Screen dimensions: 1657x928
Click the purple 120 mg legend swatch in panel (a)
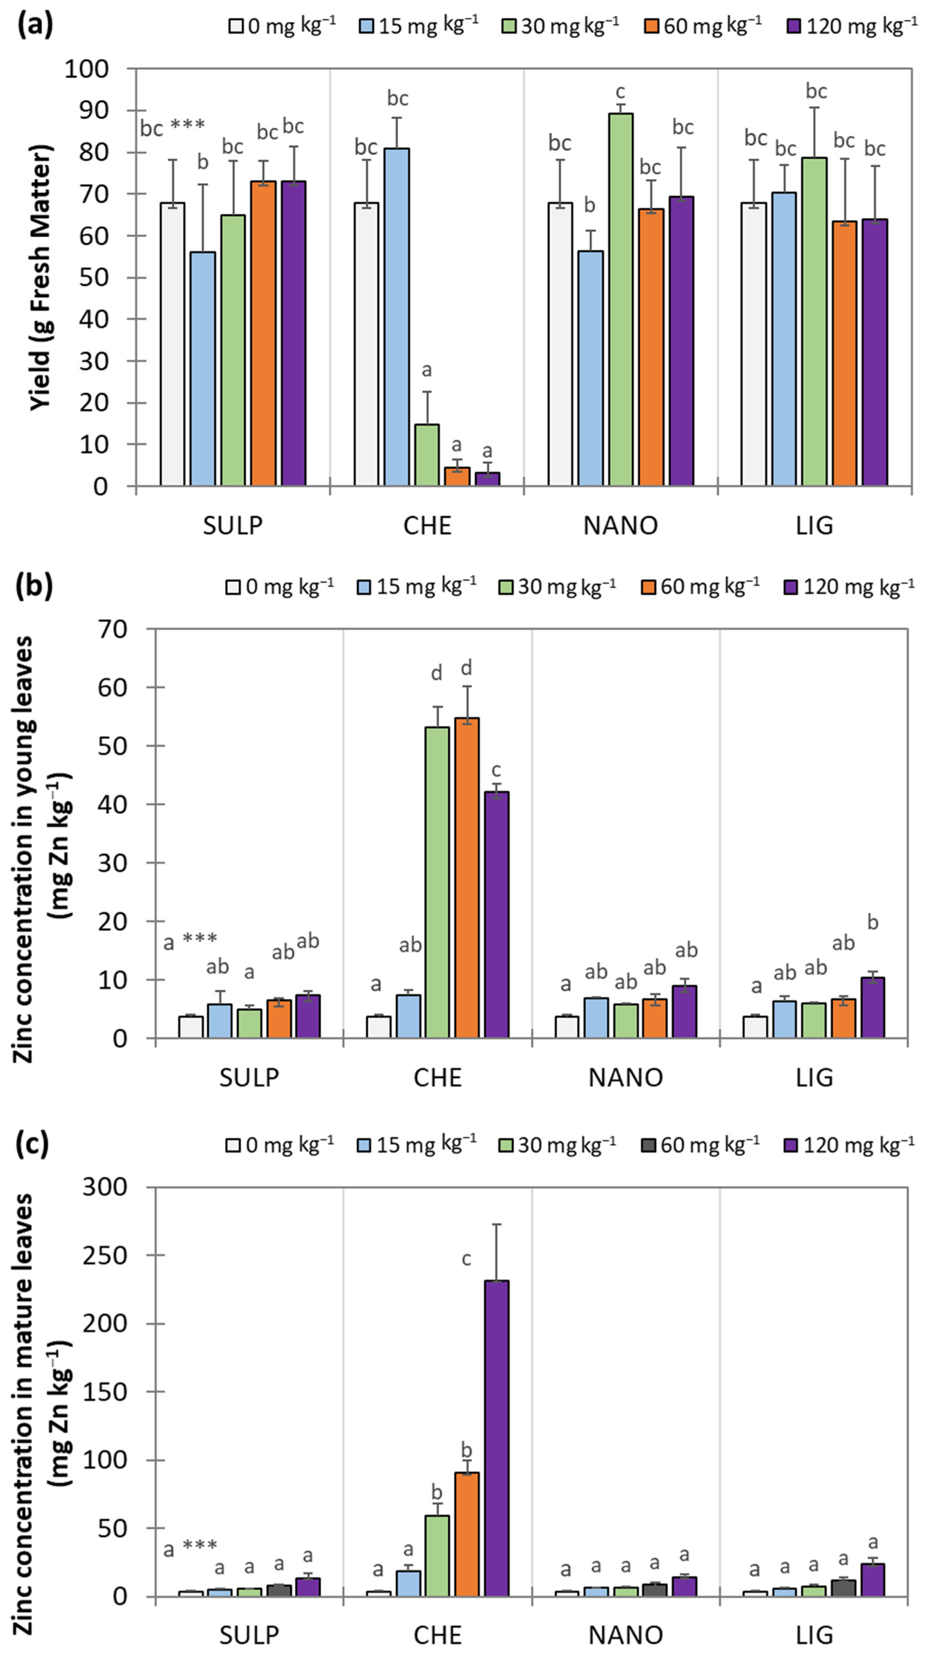click(795, 26)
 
